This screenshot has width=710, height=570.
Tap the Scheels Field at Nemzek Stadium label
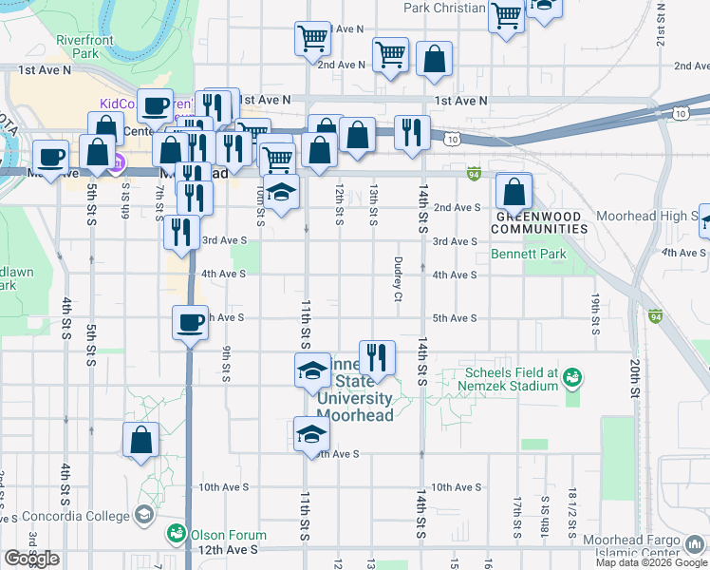click(510, 379)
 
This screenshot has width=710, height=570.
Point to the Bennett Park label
click(528, 254)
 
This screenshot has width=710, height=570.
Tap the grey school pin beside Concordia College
click(143, 515)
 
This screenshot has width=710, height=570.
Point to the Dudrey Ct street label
click(397, 277)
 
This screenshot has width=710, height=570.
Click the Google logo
click(31, 559)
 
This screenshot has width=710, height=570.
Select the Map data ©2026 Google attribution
click(650, 562)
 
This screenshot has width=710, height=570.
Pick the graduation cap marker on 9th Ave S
click(310, 434)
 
